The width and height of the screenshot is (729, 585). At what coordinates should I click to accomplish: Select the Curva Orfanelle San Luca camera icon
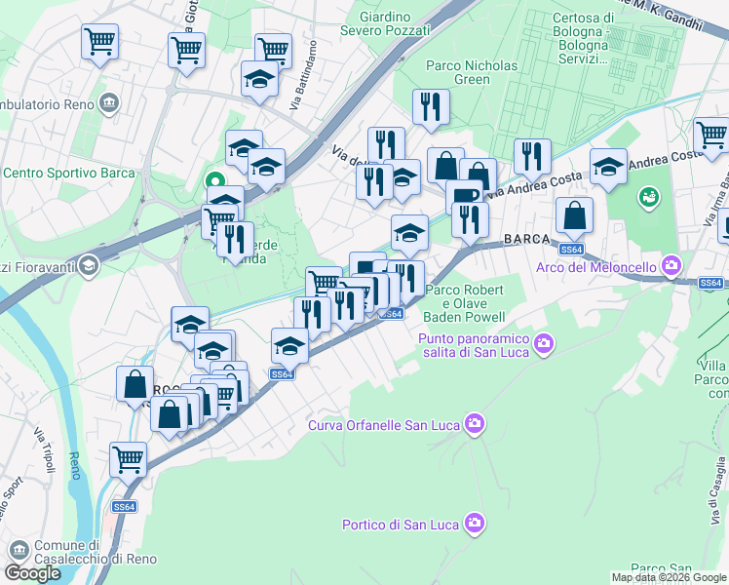[x=475, y=423]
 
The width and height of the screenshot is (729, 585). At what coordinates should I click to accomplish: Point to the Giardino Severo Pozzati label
[x=381, y=23]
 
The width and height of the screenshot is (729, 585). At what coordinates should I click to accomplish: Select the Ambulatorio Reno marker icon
[x=110, y=102]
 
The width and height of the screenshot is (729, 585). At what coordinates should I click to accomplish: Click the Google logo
[x=32, y=573]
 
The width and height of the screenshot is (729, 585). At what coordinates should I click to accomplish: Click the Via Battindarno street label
[x=302, y=74]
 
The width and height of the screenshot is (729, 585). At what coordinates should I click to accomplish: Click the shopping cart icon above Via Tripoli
[x=129, y=457]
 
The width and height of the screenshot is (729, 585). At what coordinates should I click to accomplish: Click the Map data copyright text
[x=670, y=577]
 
